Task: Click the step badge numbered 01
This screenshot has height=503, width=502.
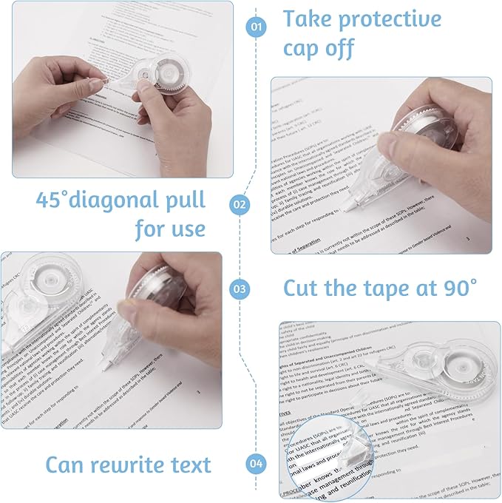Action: (x=256, y=27)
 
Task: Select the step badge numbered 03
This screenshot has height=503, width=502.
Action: (x=240, y=288)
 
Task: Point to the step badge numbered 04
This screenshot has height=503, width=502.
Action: (x=256, y=465)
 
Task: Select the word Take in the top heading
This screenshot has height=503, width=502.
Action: (x=313, y=18)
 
